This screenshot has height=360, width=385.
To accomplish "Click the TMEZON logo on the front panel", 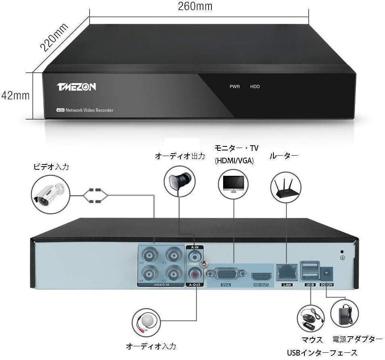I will point(76,87).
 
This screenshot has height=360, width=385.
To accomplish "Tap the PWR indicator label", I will point(234,87).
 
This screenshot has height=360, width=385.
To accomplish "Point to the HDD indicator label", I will point(255,87).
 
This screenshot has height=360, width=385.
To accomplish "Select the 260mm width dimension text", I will point(195,6).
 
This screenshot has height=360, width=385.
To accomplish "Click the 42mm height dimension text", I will point(16,95).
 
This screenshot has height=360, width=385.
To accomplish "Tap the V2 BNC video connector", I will point(173,273).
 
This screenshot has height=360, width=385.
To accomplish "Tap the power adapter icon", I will point(345,313).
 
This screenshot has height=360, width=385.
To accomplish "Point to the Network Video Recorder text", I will point(89,110).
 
